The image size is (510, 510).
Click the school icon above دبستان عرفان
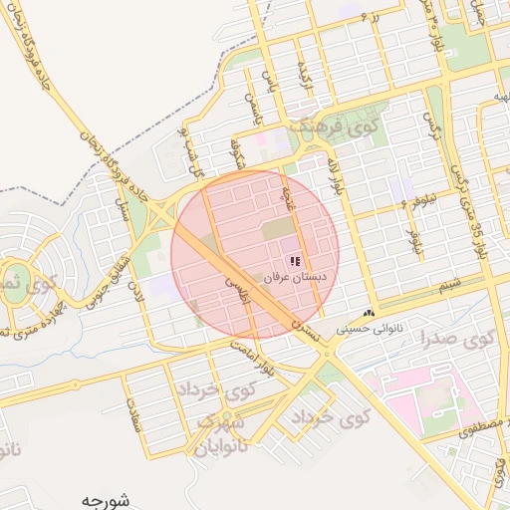click(295, 261)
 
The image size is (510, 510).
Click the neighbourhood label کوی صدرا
click(463, 339)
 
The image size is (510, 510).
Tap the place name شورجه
click(107, 497)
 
